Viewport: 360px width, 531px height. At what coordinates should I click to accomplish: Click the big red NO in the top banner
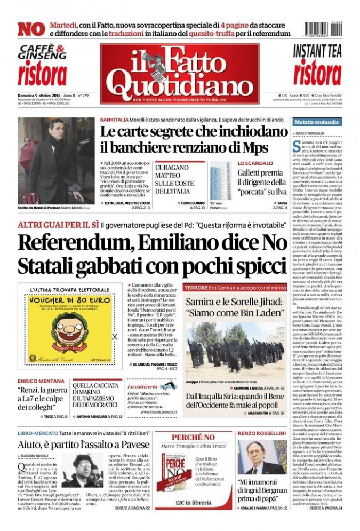click(x=31, y=29)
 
